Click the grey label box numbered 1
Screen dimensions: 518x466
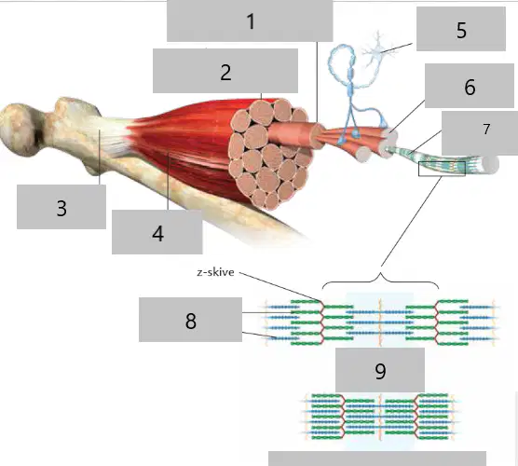pos(250,21)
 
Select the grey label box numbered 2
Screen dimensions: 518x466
pos(225,71)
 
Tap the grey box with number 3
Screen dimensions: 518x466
pos(61,207)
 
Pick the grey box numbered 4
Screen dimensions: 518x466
pos(157,232)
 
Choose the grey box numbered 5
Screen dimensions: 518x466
pos(461,29)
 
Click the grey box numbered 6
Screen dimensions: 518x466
pos(470,86)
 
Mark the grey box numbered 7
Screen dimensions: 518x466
pos(480,133)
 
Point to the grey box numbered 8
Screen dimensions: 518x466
pos(190,320)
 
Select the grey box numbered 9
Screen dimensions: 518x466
pos(380,370)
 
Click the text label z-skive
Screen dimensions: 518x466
pos(216,272)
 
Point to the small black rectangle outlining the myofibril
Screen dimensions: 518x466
pos(442,169)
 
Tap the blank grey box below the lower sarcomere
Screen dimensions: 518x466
pos(377,459)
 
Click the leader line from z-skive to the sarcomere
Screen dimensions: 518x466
pos(280,287)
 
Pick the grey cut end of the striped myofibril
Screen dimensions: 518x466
pos(490,164)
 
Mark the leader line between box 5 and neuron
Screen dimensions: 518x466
pos(396,48)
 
